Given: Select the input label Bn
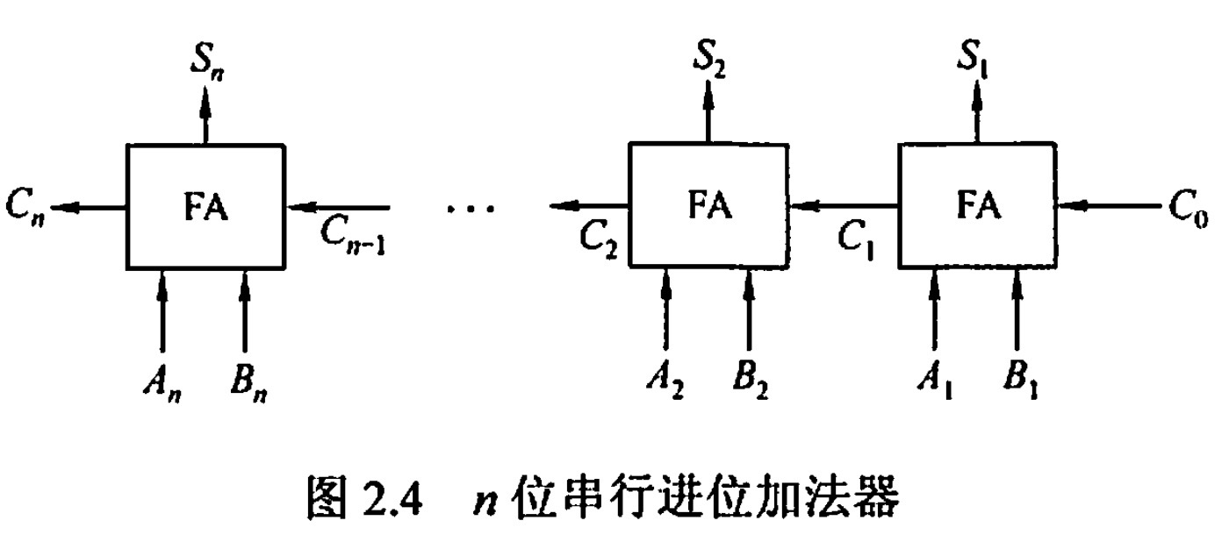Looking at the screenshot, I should tap(248, 383).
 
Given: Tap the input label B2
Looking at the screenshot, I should tap(751, 383).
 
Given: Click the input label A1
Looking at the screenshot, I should tap(933, 383).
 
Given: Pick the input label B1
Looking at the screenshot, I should tap(1020, 383).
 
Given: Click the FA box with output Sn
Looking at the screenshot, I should tap(205, 207).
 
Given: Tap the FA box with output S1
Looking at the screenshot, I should tap(977, 207).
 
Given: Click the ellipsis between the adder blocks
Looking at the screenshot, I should tap(471, 209).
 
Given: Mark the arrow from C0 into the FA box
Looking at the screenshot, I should tap(1108, 207).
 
